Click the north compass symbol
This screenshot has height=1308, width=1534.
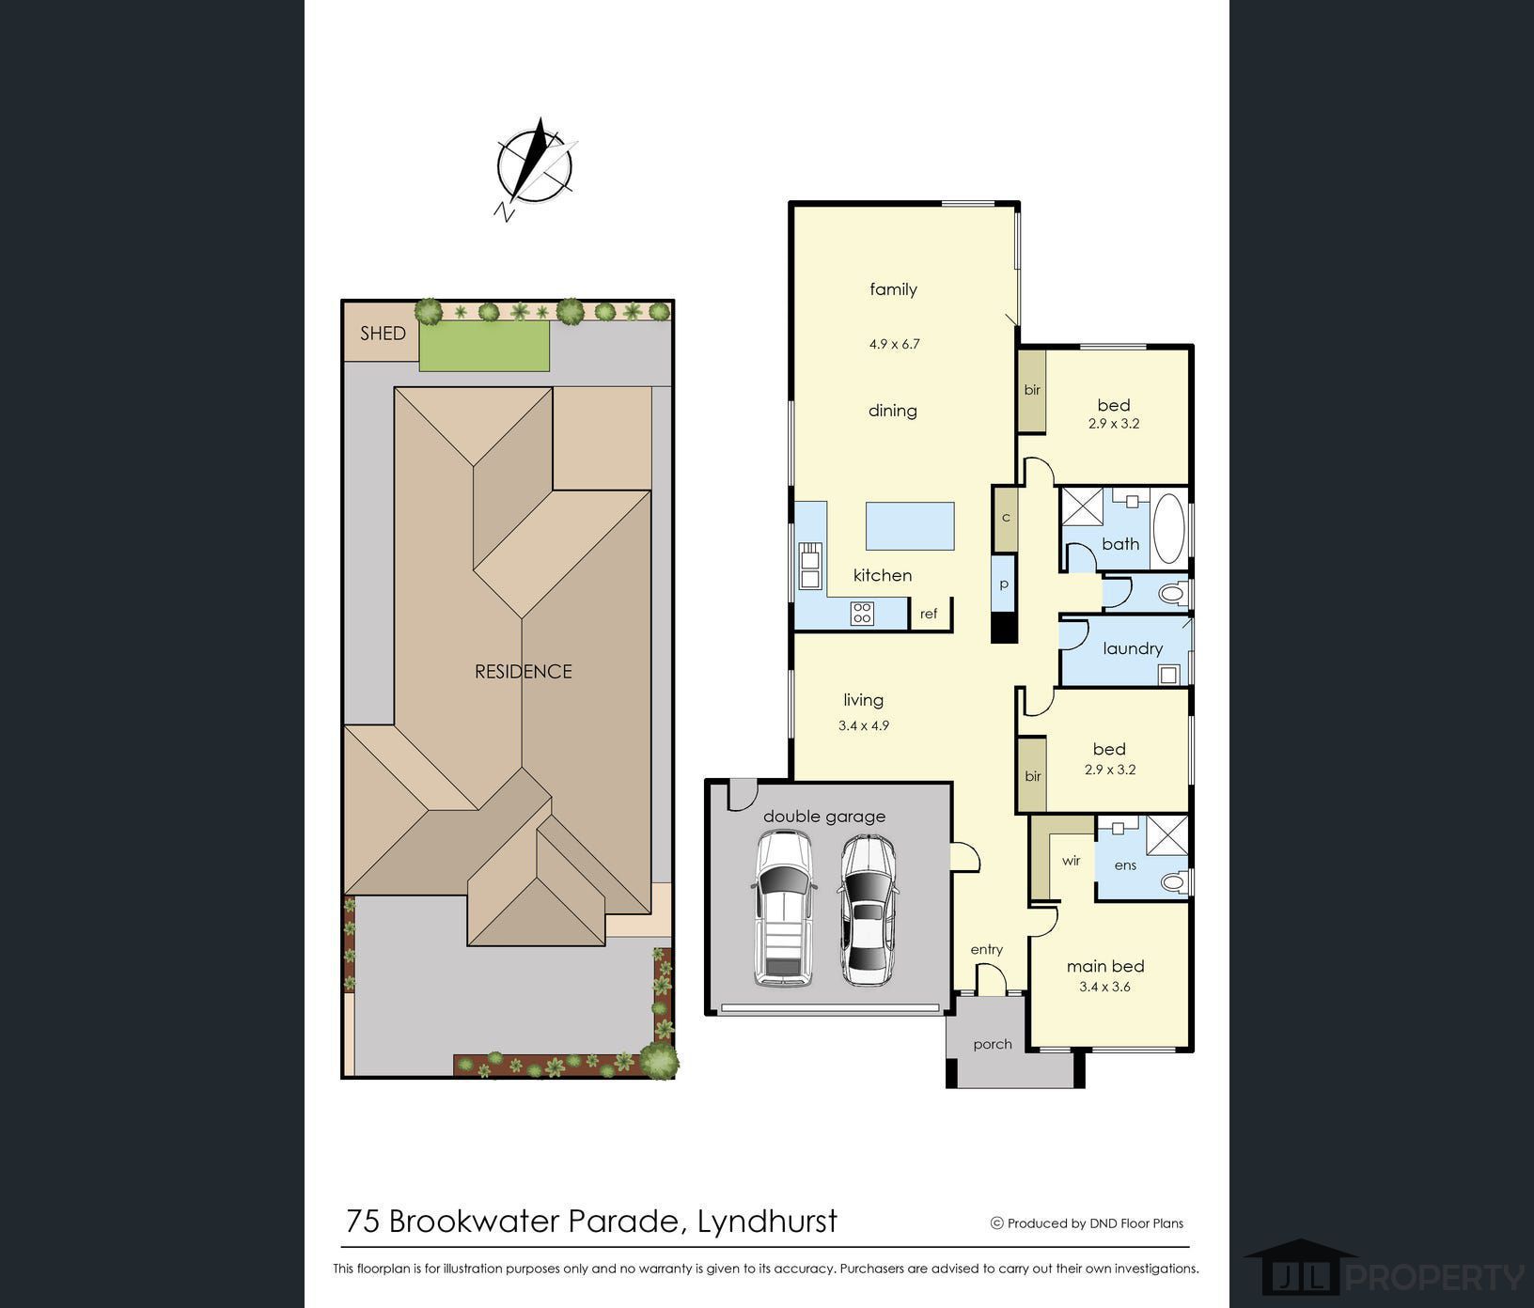coord(534,167)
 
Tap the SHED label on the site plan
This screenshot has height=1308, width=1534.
coord(383,334)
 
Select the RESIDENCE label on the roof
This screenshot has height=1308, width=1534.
coord(523,671)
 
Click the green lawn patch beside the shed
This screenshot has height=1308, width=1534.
coord(484,345)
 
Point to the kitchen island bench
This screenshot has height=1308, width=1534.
coord(910,526)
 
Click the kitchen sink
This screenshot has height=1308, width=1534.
coord(809,566)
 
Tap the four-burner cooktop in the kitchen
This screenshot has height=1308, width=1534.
coord(862,614)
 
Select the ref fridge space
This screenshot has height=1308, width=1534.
coord(930,614)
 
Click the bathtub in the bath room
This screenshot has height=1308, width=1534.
coord(1169,528)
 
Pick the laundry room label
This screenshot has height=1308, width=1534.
coord(1133,648)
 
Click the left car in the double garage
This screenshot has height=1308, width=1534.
coord(783,909)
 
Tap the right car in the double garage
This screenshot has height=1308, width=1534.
coord(868,910)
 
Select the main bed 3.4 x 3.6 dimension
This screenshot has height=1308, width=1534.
coord(1104,987)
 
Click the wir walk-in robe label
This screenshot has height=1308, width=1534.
coord(1072,861)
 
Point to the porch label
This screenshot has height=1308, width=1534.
coord(993,1044)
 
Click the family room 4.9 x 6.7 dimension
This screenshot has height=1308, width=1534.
coord(894,344)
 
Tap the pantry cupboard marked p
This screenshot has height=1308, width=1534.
coord(1004,584)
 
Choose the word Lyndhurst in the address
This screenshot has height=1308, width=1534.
coord(767,1221)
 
